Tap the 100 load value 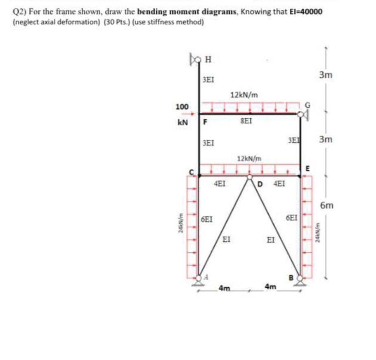pyautogui.click(x=182, y=107)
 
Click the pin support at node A pyautogui.click(x=199, y=280)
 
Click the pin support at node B pyautogui.click(x=300, y=280)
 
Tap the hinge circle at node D pyautogui.click(x=250, y=177)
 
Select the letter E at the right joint pyautogui.click(x=307, y=168)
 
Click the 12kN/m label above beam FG pyautogui.click(x=244, y=95)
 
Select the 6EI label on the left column pyautogui.click(x=207, y=219)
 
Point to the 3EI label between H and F pyautogui.click(x=208, y=79)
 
